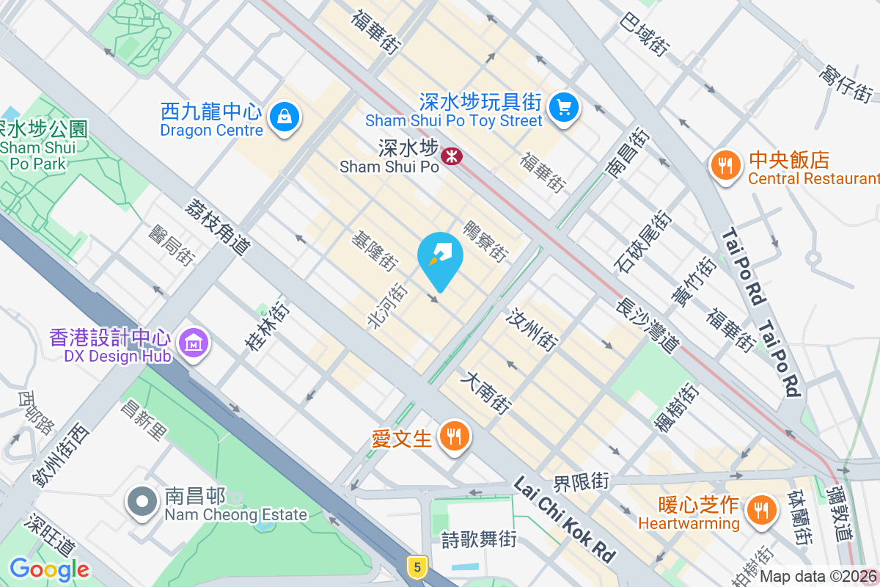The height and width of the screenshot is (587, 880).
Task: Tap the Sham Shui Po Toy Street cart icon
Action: tap(563, 108)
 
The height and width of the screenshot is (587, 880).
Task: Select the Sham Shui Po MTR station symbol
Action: tap(451, 156)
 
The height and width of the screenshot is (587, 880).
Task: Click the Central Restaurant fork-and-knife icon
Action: tap(725, 166)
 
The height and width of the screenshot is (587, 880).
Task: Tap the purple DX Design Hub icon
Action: tap(194, 343)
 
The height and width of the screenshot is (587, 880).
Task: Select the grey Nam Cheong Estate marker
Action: tap(142, 503)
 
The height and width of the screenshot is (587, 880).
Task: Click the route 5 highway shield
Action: tap(417, 566)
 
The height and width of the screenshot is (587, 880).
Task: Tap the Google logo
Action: tap(49, 569)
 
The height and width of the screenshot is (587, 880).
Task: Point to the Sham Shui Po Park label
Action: tap(44, 146)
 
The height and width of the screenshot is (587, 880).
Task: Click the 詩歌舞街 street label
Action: tap(479, 540)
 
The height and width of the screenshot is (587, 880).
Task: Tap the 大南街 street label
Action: tap(485, 393)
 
